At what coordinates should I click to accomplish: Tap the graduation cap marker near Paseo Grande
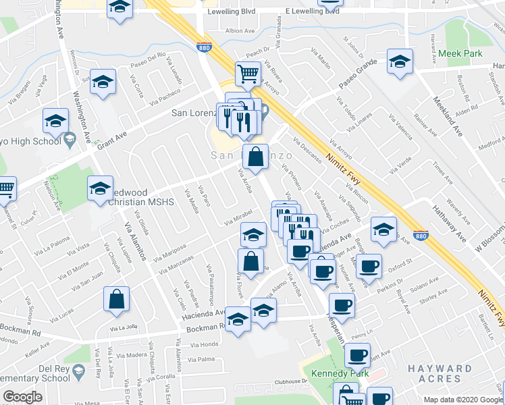click(x=400, y=63)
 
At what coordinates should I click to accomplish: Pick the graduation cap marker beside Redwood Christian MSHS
click(x=101, y=189)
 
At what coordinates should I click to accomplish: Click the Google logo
click(x=23, y=397)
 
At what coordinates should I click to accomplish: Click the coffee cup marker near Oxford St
click(x=369, y=266)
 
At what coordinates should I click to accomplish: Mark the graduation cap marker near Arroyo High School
click(x=55, y=122)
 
